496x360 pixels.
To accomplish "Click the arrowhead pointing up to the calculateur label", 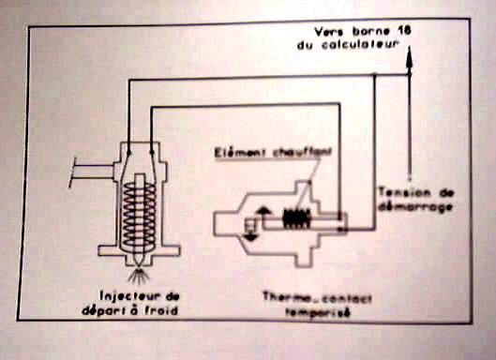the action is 410,58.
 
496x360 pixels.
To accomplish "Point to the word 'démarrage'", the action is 415,207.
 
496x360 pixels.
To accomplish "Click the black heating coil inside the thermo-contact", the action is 296,218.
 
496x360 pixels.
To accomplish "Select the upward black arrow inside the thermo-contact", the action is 263,211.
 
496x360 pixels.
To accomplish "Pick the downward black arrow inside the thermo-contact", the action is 250,236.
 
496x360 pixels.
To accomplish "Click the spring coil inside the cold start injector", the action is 139,216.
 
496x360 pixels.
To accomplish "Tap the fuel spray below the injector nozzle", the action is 139,275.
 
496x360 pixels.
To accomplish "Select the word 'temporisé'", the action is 318,312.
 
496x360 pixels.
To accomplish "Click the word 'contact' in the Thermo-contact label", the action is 347,298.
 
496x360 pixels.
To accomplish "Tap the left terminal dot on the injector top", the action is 128,153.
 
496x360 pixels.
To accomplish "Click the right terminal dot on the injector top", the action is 152,153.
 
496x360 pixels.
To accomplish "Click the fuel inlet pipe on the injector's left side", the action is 92,172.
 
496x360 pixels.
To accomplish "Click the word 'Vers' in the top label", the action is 330,32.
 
